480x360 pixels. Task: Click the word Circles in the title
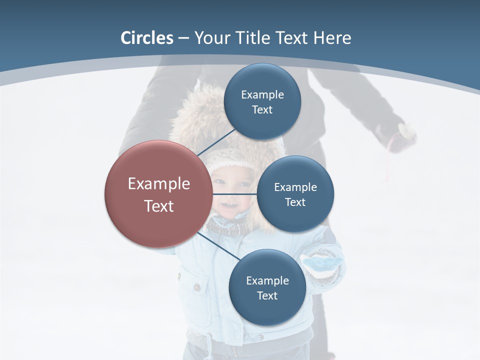point(147,38)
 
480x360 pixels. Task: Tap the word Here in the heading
point(332,38)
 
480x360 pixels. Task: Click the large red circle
point(158,194)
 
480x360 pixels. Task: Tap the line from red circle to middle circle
point(234,194)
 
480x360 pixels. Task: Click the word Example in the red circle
point(158,184)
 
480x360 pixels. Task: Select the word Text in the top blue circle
point(262,110)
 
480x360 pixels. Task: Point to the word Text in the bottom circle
point(267,296)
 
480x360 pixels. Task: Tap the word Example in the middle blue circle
point(295,187)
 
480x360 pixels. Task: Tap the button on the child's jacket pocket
point(197,287)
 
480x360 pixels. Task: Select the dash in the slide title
point(183,38)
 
